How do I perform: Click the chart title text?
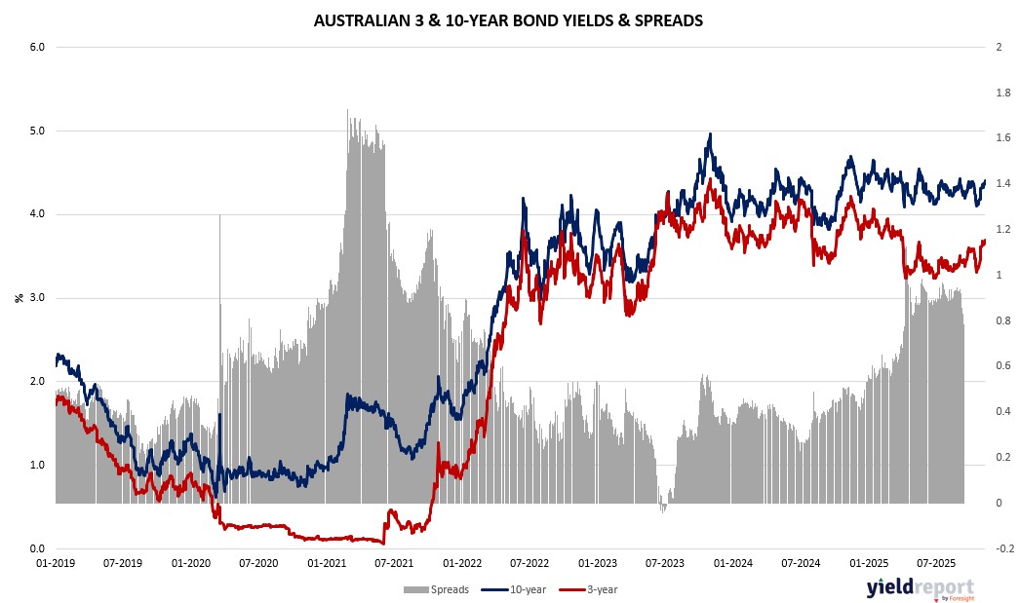click(x=509, y=20)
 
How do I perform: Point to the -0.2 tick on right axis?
click(x=1000, y=548)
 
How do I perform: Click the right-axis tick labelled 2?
click(x=996, y=47)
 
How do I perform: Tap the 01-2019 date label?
click(x=56, y=563)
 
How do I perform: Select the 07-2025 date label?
click(x=936, y=563)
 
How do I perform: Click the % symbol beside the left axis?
click(x=19, y=297)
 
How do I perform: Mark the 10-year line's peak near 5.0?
click(x=710, y=134)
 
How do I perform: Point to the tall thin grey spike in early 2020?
click(x=219, y=216)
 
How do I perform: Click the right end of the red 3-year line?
click(x=985, y=241)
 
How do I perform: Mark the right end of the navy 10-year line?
click(x=985, y=181)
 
